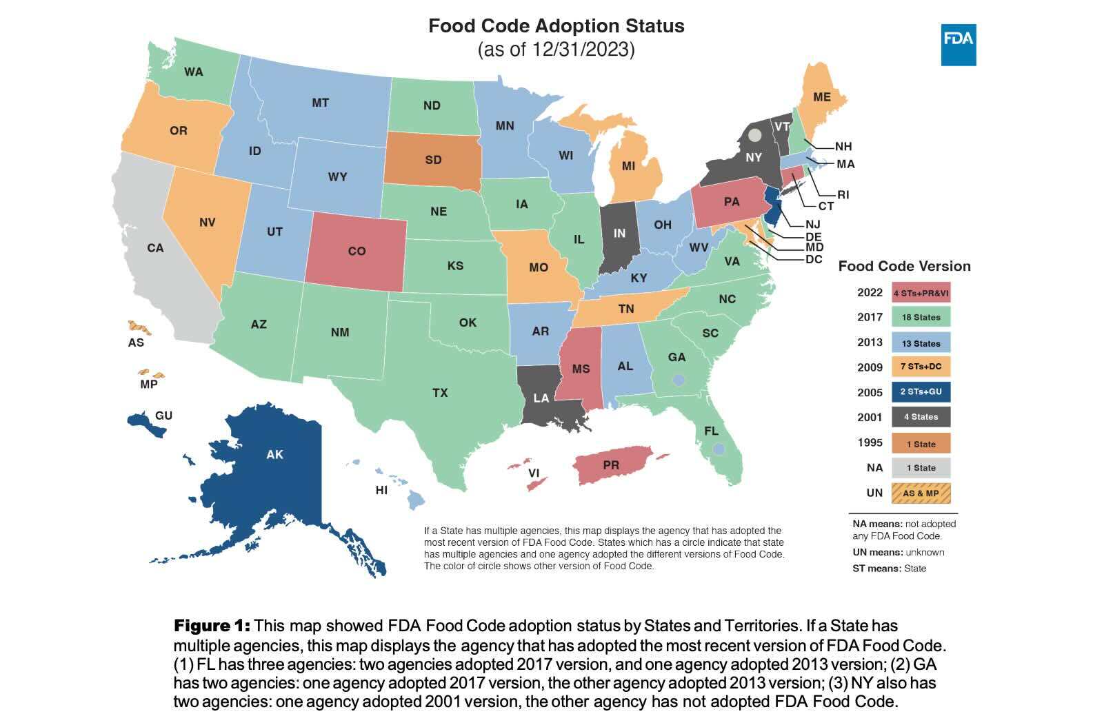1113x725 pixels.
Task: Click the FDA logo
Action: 958,45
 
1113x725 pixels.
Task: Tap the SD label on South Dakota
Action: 433,160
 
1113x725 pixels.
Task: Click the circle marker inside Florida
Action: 719,449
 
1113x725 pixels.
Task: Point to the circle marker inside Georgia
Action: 679,380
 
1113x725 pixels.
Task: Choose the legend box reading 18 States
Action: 921,317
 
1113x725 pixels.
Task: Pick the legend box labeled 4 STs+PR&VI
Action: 921,292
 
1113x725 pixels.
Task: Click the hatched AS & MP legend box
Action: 921,493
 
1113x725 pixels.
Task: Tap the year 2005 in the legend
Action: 870,392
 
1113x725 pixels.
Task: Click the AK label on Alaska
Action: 274,455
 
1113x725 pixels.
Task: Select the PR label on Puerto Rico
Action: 611,465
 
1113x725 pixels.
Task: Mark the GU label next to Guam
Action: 163,416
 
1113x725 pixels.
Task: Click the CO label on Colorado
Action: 357,252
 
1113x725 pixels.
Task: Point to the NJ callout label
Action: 812,224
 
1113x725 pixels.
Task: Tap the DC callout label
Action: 814,259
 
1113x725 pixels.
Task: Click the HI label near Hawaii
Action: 381,491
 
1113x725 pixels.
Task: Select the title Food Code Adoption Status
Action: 556,26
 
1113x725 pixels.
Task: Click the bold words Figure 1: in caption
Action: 212,626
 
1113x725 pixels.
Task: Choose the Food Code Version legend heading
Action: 904,266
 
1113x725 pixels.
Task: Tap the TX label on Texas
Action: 440,393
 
